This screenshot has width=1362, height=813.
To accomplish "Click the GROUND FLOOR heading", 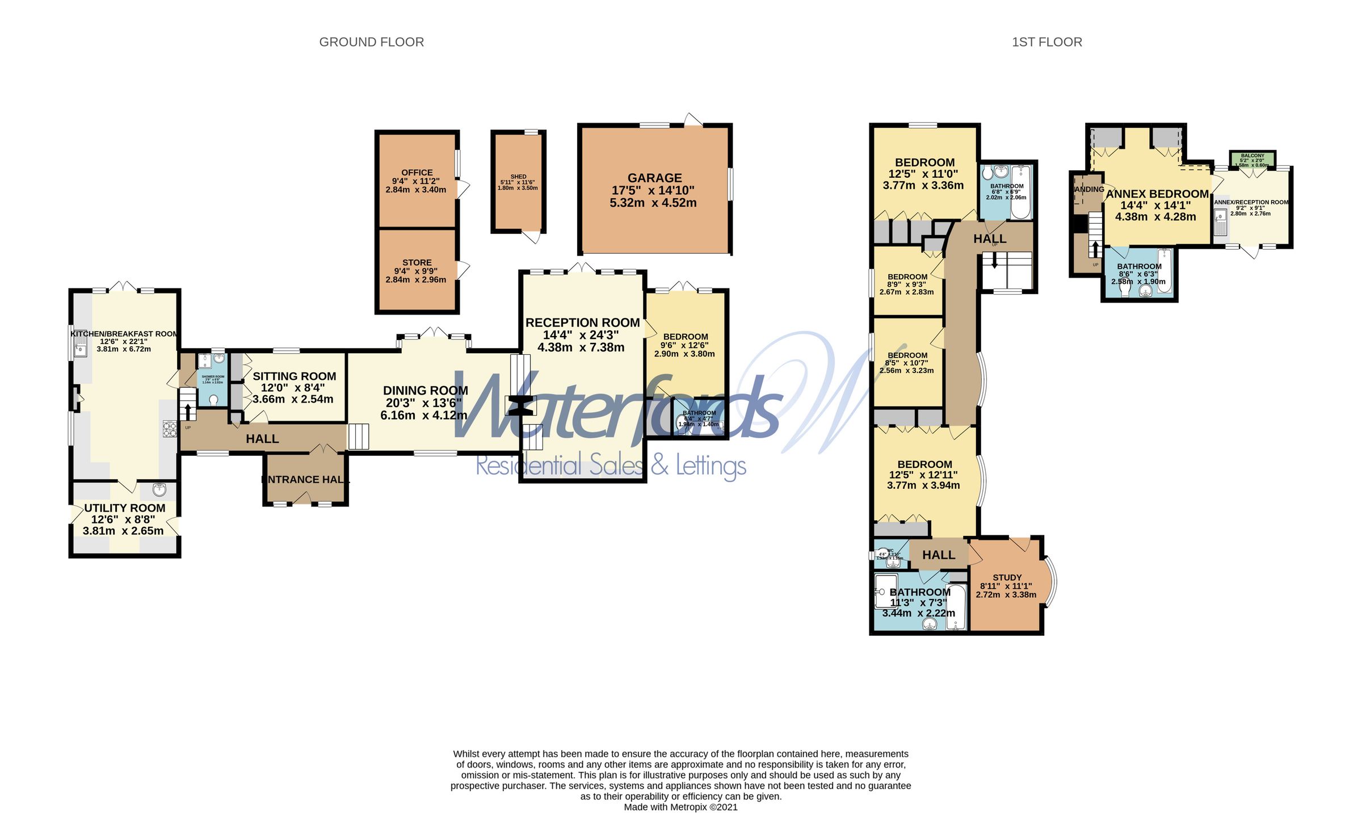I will tap(371, 42).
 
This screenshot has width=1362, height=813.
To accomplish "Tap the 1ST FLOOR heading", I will tap(1046, 42).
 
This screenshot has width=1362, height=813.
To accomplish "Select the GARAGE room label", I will tap(654, 178).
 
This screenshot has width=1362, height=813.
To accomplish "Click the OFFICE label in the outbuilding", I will tap(417, 173).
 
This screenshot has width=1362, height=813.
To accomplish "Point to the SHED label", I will tap(518, 177).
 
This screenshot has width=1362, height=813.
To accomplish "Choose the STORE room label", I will tap(417, 262).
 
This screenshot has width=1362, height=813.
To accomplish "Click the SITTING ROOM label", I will tap(294, 376).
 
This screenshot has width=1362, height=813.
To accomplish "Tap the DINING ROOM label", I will tap(425, 391).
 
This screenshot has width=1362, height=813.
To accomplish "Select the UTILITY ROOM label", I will tap(124, 508).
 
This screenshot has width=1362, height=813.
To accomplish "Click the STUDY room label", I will tap(1007, 577).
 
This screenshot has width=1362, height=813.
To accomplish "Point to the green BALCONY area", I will tap(1252, 160).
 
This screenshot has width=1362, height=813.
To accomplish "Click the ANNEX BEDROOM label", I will tap(1157, 194).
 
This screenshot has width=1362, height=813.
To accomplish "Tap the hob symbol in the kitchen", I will tap(170, 429).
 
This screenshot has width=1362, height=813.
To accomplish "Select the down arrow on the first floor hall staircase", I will tap(994, 261).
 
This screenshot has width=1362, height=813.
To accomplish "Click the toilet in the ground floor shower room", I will tap(213, 400).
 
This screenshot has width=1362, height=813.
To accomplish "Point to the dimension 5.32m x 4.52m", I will tap(653, 203).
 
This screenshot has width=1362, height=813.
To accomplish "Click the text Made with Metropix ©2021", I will tap(680, 807).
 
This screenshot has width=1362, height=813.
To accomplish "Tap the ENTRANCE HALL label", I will tap(305, 480).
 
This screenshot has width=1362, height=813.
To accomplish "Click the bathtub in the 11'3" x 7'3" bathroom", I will tap(956, 607).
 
